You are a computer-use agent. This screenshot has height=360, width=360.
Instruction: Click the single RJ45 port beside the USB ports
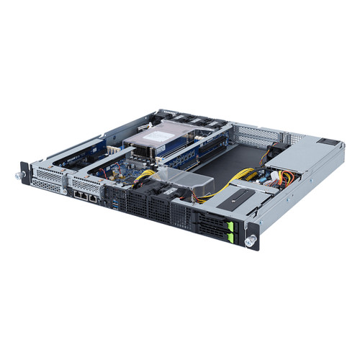click(102, 194)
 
